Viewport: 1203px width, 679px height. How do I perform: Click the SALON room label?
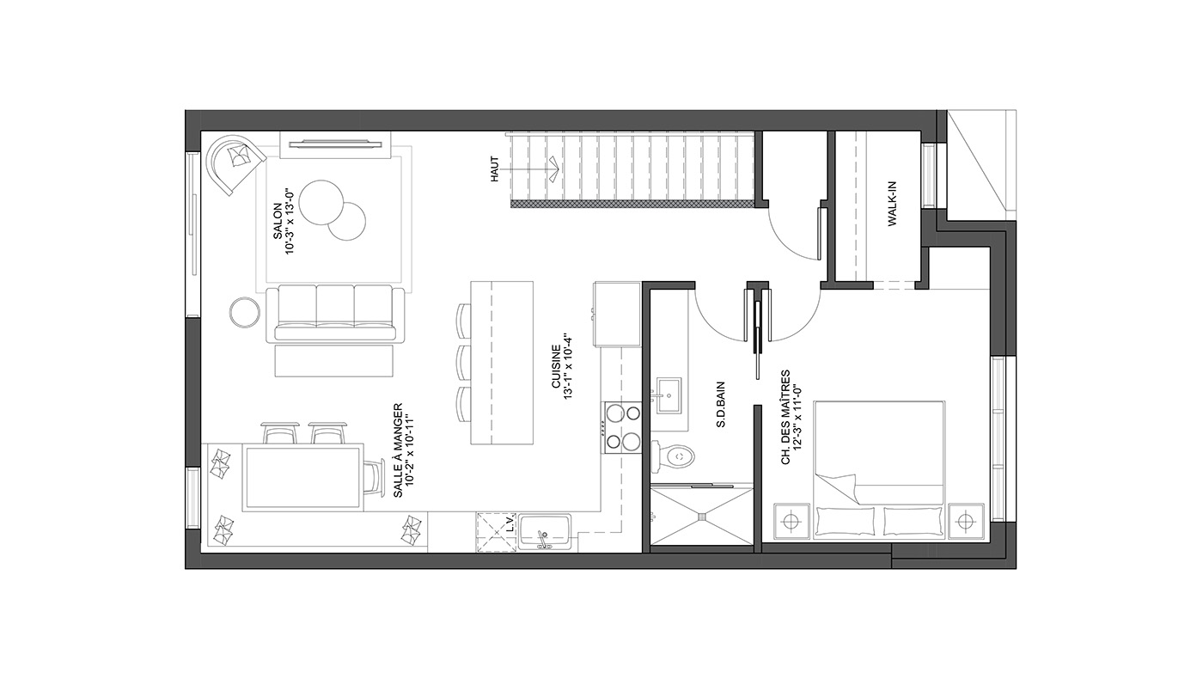click(278, 221)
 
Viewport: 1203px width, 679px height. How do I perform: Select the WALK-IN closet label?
click(892, 204)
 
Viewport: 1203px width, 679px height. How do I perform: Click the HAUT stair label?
click(495, 168)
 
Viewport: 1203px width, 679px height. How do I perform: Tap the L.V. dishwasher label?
click(510, 523)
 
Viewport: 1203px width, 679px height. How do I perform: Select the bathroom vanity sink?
click(669, 395)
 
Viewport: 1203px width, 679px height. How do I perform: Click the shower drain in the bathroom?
click(702, 517)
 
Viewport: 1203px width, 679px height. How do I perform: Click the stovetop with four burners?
click(622, 428)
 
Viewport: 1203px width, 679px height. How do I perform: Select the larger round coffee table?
click(321, 202)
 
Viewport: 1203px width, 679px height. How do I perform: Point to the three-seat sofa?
click(335, 314)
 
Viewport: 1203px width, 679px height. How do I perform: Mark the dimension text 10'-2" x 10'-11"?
click(410, 450)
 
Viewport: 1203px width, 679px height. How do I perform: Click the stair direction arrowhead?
click(554, 168)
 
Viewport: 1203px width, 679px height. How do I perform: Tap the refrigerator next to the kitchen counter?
click(618, 314)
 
